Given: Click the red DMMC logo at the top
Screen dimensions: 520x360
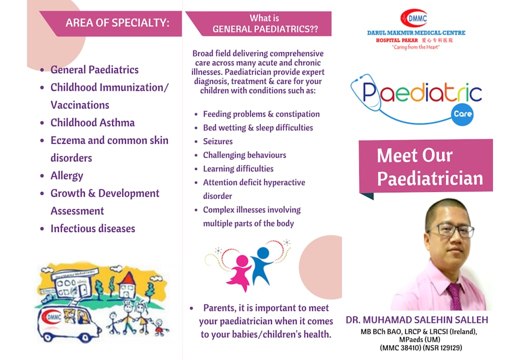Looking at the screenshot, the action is pos(413,18).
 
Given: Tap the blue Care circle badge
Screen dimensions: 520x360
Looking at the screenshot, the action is pos(462,114).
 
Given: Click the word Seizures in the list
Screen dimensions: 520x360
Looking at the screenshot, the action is pos(218,141).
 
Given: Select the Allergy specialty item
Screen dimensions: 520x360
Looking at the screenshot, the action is pos(66,175).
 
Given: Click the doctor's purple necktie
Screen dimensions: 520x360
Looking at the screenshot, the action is pos(455,296).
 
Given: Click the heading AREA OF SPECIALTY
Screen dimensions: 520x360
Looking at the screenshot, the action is pos(117,23).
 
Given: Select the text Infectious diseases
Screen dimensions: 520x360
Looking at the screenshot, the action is pos(93,228).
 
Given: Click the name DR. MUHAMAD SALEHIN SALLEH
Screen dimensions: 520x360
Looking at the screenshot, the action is pos(417,320).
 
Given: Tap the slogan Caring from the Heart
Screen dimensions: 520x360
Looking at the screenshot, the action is pos(416,47).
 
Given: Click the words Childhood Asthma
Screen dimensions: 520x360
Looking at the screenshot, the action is pos(92,122).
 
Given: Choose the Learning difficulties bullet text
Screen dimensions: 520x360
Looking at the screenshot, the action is pos(238,168).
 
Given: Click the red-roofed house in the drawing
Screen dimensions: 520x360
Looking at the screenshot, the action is pos(126,285).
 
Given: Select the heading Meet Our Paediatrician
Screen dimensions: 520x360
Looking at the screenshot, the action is pos(430,166).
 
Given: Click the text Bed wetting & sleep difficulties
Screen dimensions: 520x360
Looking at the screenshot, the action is pos(258,127).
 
